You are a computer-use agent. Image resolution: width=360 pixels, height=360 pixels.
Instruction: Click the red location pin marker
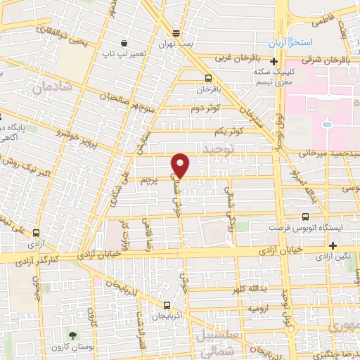(181, 165)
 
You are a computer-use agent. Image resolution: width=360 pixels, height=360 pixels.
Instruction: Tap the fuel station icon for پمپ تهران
(175, 32)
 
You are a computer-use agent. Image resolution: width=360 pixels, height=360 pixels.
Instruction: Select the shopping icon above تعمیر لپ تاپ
(124, 42)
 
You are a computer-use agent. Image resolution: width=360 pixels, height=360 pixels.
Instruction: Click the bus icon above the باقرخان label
(208, 78)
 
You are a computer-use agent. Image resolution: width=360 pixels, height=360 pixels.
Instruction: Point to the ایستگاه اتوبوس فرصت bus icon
(304, 217)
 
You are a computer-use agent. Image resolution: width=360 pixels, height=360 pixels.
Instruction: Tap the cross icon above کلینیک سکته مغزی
(274, 61)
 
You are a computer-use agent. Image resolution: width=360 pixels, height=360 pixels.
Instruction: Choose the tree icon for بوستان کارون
(72, 335)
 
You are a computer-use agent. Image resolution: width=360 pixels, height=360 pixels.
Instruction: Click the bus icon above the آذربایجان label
(167, 305)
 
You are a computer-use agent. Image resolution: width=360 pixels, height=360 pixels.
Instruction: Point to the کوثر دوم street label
(205, 108)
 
